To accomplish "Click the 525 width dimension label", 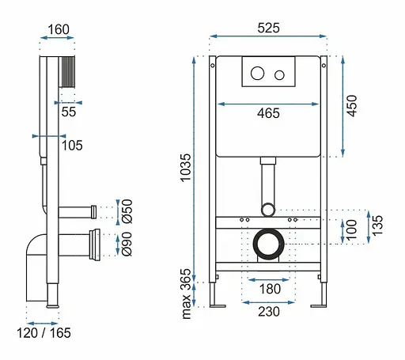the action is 268,28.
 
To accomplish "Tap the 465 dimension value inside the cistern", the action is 268,113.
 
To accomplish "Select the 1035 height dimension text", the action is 186,168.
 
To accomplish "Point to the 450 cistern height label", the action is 352,105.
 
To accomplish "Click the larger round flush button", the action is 257,73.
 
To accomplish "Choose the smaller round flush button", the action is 279,75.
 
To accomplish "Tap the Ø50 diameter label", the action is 127,211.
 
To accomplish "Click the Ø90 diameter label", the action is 127,244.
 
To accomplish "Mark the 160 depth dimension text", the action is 59,29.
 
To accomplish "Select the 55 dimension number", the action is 69,112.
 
